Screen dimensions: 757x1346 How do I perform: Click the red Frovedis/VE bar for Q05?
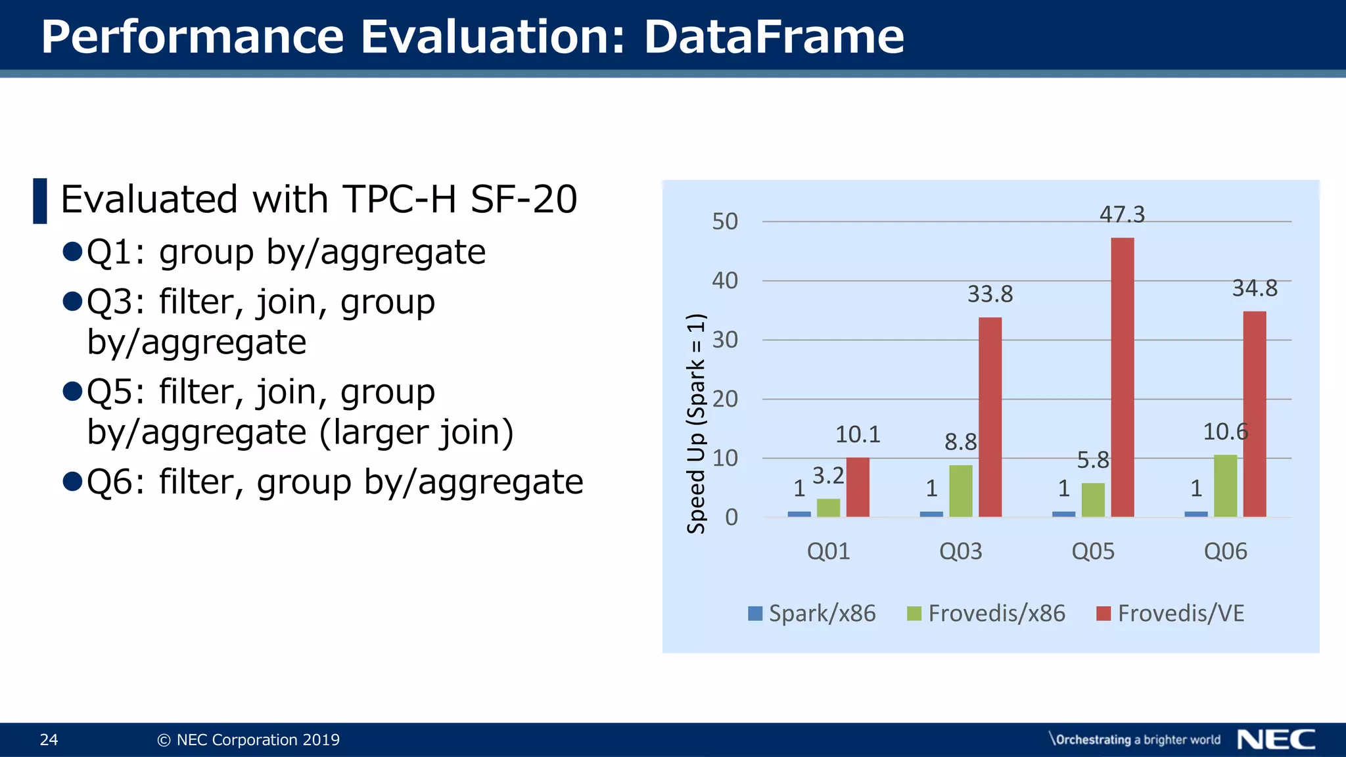(x=1122, y=377)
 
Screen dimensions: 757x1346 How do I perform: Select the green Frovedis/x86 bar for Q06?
(x=1225, y=486)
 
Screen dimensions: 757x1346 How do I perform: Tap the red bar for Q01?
(x=858, y=487)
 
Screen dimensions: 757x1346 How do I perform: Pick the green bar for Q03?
(x=960, y=491)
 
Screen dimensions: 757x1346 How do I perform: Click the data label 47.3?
(x=1122, y=215)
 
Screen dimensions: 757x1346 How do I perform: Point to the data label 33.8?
(x=990, y=294)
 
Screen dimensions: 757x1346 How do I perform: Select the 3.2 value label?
(x=827, y=476)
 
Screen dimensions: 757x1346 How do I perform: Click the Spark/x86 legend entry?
(x=812, y=613)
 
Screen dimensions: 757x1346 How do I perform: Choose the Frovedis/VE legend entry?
(x=1171, y=613)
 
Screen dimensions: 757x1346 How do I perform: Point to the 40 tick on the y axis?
(x=725, y=281)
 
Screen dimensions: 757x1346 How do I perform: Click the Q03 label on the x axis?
(x=960, y=551)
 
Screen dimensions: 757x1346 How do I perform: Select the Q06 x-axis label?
(x=1225, y=551)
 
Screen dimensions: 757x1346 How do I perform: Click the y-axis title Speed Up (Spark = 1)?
(x=696, y=424)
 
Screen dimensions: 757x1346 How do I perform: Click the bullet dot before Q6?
(x=72, y=482)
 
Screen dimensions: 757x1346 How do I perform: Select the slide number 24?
(x=49, y=740)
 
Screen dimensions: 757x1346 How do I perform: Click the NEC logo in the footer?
(x=1276, y=739)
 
